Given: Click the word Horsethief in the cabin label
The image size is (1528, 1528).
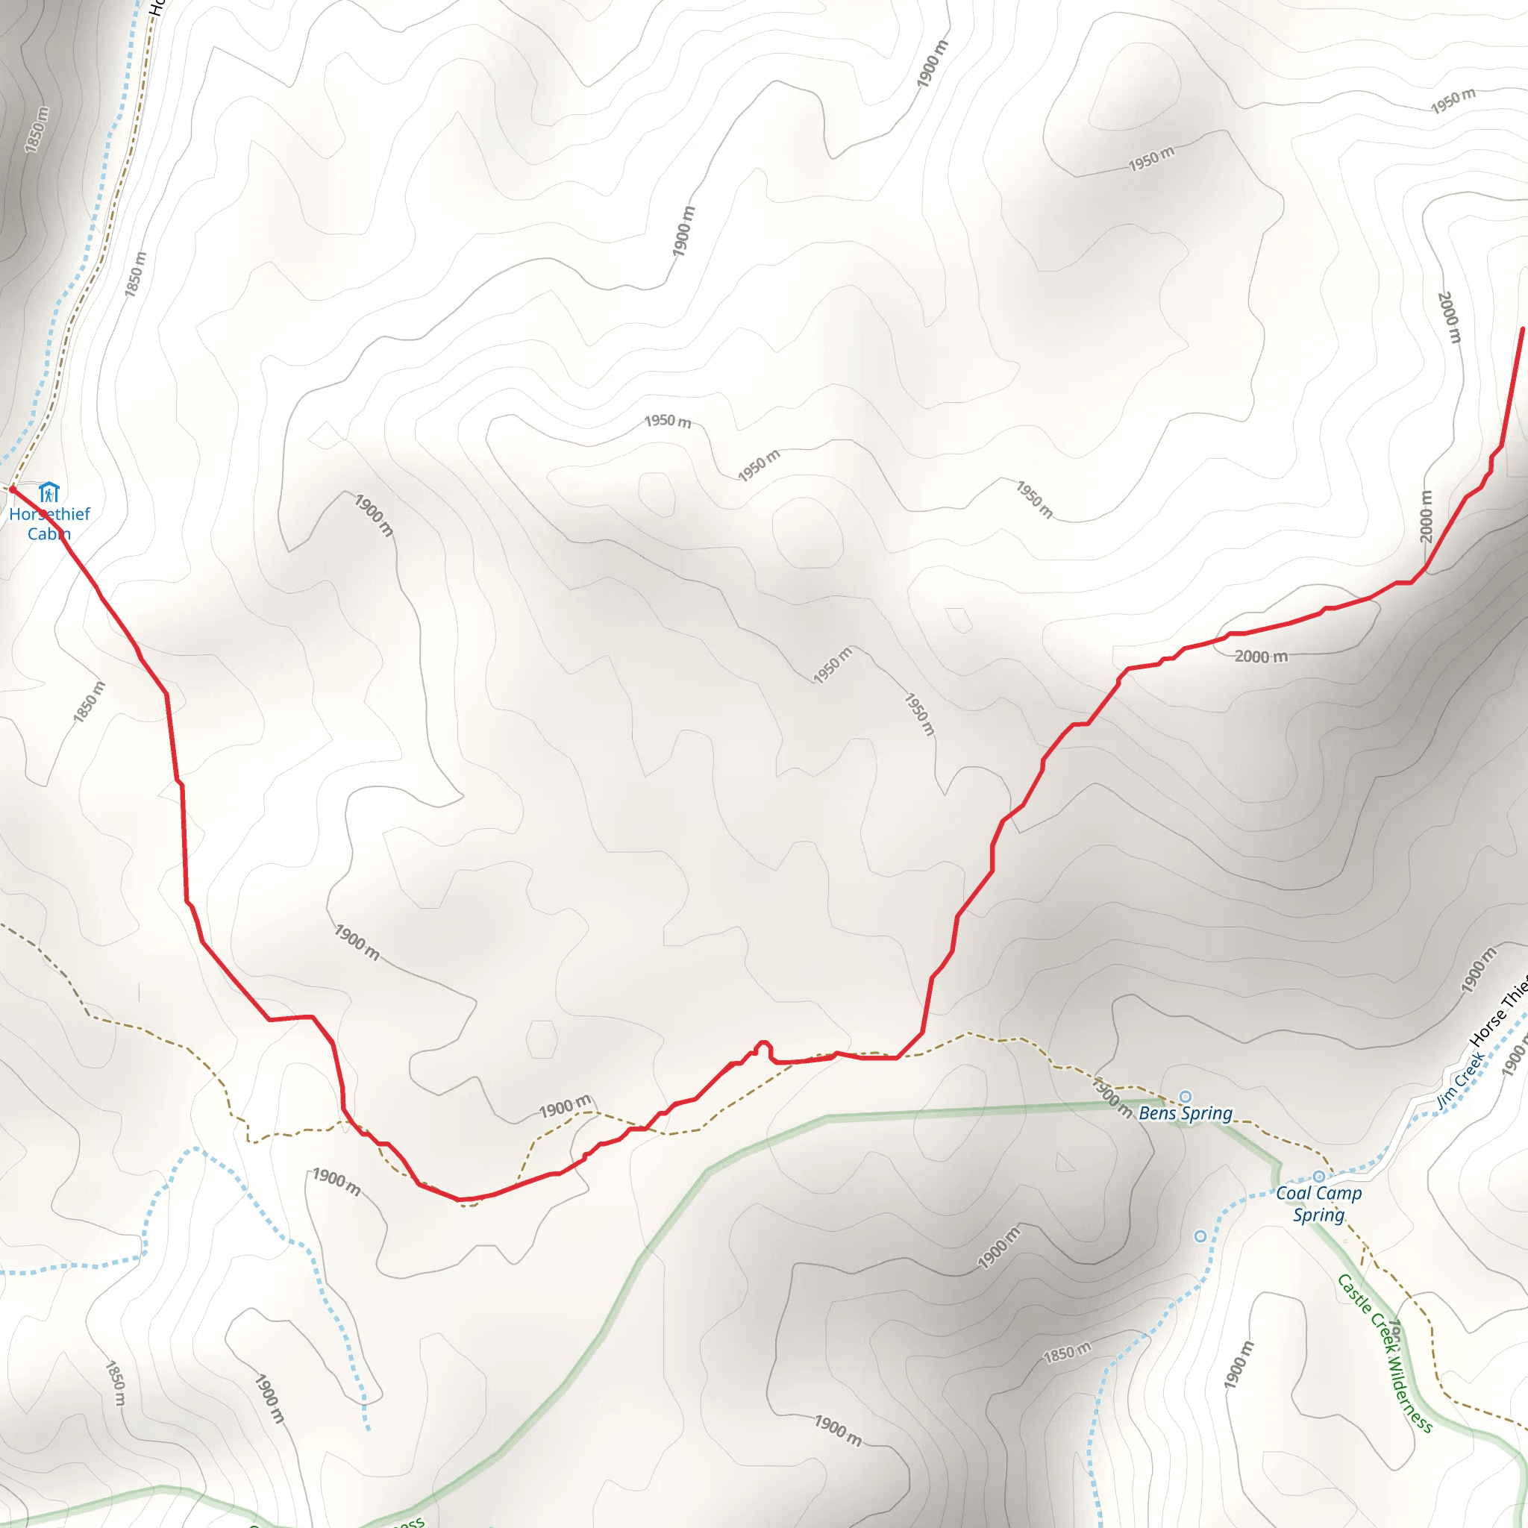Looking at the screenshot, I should (x=49, y=514).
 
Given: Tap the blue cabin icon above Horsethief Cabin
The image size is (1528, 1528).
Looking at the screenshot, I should (x=49, y=492).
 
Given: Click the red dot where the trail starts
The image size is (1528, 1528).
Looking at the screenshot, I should (x=12, y=489).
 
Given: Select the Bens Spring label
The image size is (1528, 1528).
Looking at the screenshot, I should (x=1185, y=1114).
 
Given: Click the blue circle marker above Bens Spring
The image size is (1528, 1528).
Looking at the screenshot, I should (x=1186, y=1096).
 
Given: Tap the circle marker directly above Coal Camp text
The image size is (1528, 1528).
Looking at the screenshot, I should (x=1318, y=1177).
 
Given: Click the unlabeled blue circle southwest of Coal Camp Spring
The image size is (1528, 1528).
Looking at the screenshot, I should (x=1200, y=1236).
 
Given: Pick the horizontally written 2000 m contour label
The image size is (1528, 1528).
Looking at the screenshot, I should (x=1261, y=657).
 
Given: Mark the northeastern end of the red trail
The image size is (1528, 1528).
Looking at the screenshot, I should (x=1523, y=329).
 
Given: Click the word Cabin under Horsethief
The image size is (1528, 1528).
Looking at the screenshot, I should (x=49, y=534).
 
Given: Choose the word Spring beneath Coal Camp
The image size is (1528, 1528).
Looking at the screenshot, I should (x=1318, y=1215).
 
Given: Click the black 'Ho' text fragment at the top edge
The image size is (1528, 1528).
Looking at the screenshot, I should (x=155, y=7).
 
